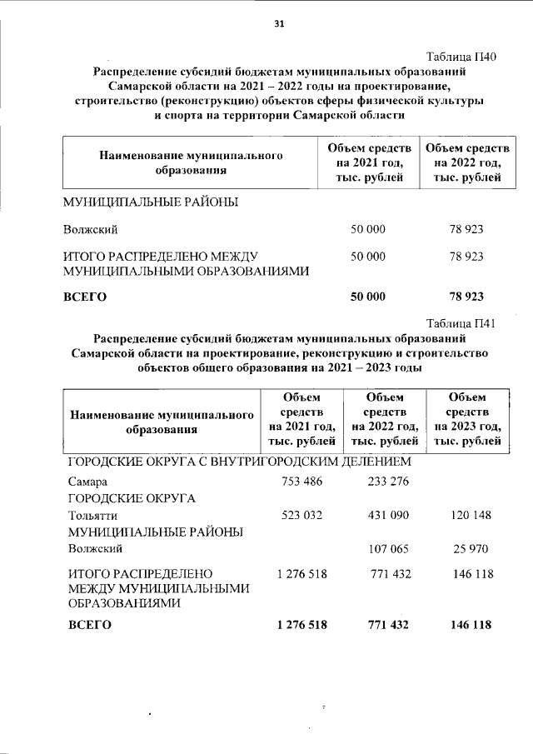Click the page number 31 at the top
(x=279, y=24)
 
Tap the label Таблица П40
(x=461, y=57)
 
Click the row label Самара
(x=87, y=482)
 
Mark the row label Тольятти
(x=91, y=516)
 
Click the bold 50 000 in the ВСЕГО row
(x=367, y=296)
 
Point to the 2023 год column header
(x=466, y=418)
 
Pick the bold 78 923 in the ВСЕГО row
(x=466, y=296)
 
